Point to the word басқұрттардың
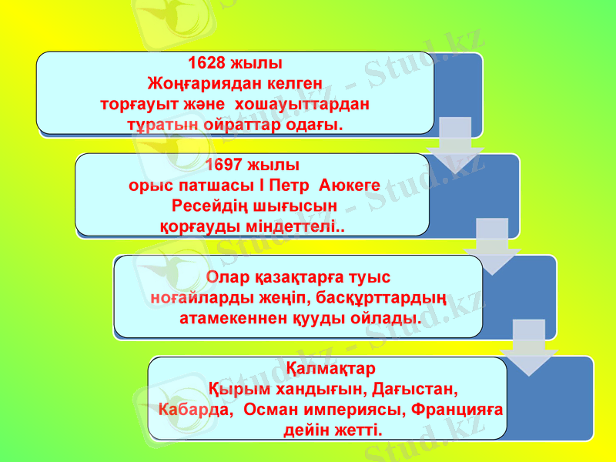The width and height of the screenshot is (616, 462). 397,296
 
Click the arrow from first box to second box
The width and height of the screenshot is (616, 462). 455,143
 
